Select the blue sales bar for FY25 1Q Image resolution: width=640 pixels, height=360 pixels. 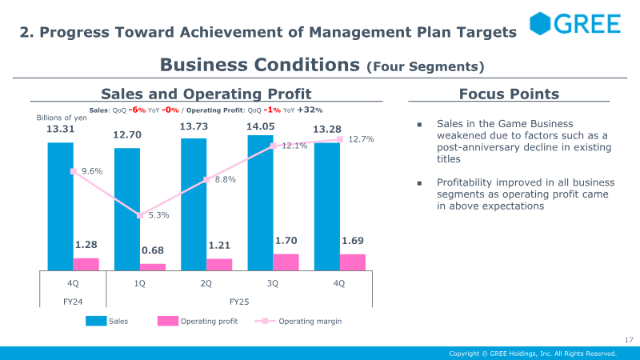(126, 208)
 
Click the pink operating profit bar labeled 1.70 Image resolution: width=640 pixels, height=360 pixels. (286, 262)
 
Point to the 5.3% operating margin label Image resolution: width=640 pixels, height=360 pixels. (159, 214)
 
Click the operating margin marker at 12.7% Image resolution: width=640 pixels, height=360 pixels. (340, 140)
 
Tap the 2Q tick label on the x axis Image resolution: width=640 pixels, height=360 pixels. (206, 283)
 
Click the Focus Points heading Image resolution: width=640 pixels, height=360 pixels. (509, 94)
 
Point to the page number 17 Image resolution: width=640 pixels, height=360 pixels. (628, 340)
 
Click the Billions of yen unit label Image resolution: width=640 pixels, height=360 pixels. (62, 118)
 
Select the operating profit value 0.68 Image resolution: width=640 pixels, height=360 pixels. (153, 250)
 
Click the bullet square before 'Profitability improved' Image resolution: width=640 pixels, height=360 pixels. (418, 182)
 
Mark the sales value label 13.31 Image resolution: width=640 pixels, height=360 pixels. (60, 130)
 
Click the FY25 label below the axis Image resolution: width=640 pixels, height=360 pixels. (239, 302)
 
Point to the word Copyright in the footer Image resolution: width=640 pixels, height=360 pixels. (466, 353)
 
